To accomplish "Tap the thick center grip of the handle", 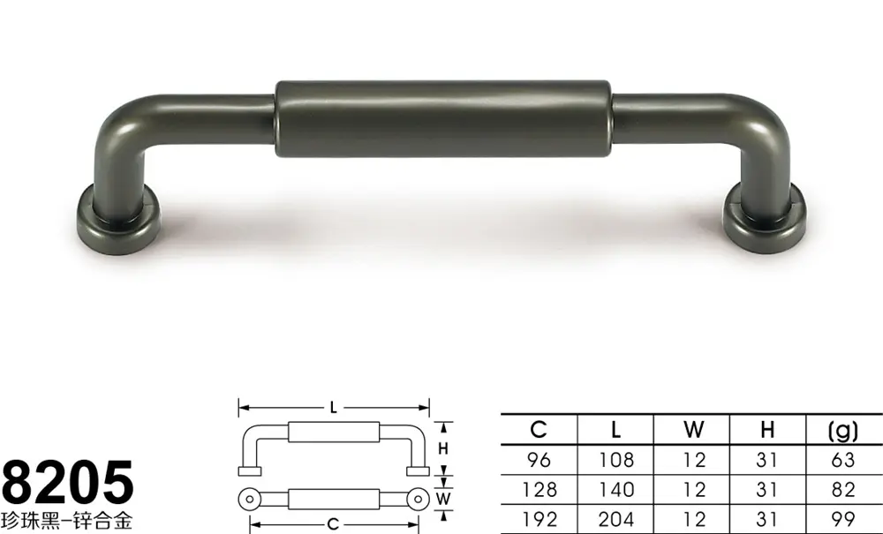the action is [x=443, y=119].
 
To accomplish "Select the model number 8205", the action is [x=68, y=482].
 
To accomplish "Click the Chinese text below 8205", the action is [x=66, y=520].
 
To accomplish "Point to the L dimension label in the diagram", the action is [x=334, y=408].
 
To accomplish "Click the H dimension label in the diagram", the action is [x=443, y=448].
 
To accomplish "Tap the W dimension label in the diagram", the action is [x=443, y=499].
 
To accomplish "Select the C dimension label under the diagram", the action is [x=334, y=524].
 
